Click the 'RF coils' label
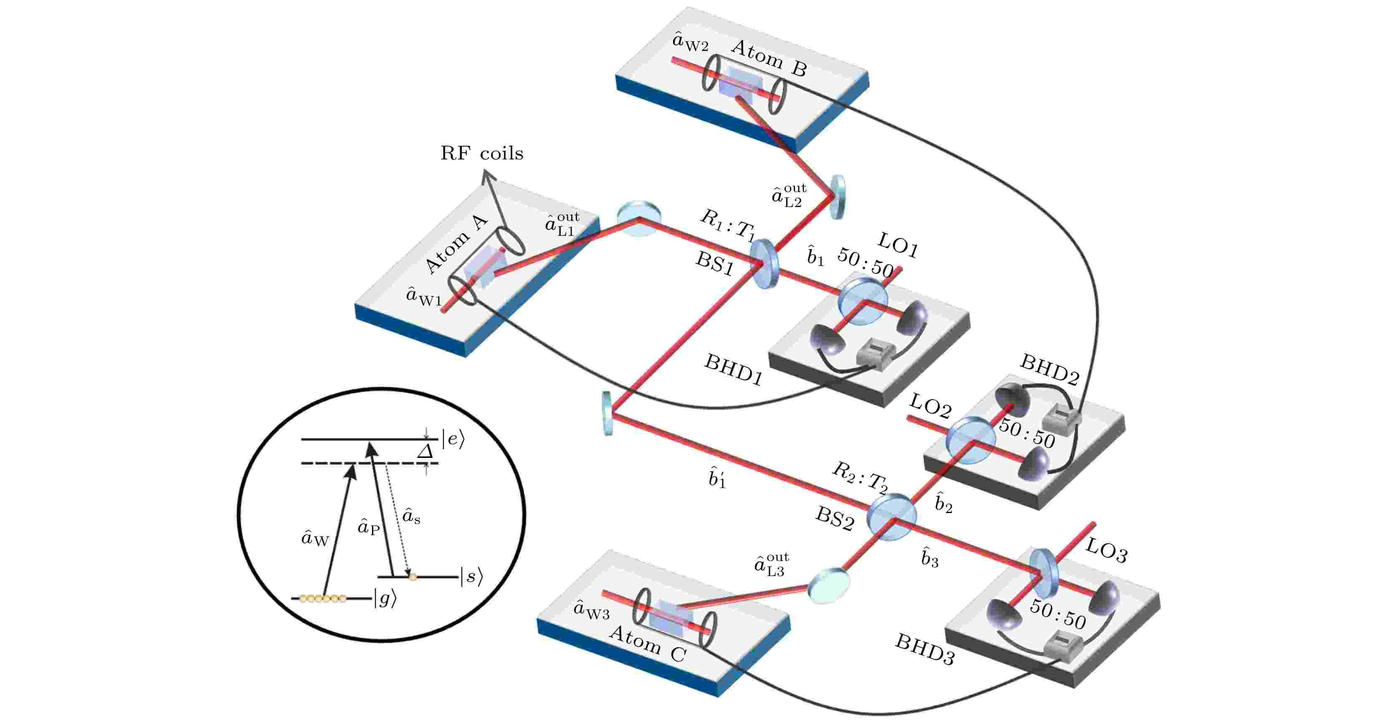tap(481, 154)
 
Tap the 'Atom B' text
tap(769, 58)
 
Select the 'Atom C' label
tap(648, 644)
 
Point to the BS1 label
tap(715, 263)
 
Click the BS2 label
tap(835, 518)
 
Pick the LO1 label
tap(898, 245)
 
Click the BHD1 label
tap(734, 369)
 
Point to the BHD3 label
tap(925, 649)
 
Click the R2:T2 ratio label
tap(860, 477)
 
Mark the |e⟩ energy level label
tap(453, 439)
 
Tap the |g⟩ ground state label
tap(385, 598)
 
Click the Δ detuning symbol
tap(425, 452)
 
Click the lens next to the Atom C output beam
tap(829, 585)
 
